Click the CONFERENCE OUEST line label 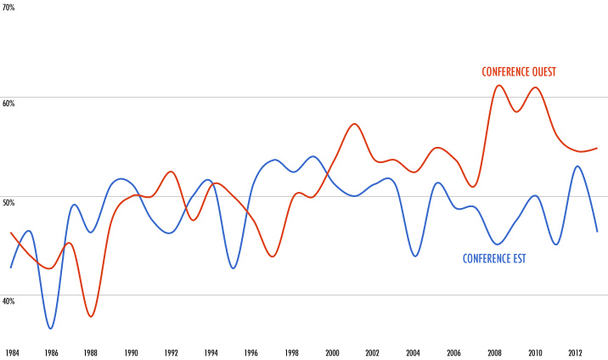click(518, 72)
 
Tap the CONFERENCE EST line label click(494, 258)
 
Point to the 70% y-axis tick click(8, 8)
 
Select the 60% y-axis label click(8, 104)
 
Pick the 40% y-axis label click(8, 301)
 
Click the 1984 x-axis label click(12, 352)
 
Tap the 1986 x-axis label click(52, 352)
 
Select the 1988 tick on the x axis click(91, 352)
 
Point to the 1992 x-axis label click(172, 352)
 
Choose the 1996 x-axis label click(251, 352)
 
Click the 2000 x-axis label click(332, 352)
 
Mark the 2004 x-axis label click(413, 352)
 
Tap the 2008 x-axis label click(494, 352)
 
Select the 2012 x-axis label click(575, 352)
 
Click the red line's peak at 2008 click(499, 85)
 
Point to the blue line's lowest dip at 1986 click(51, 329)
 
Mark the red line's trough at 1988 click(91, 317)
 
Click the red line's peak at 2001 click(355, 124)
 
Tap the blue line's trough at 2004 click(414, 256)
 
